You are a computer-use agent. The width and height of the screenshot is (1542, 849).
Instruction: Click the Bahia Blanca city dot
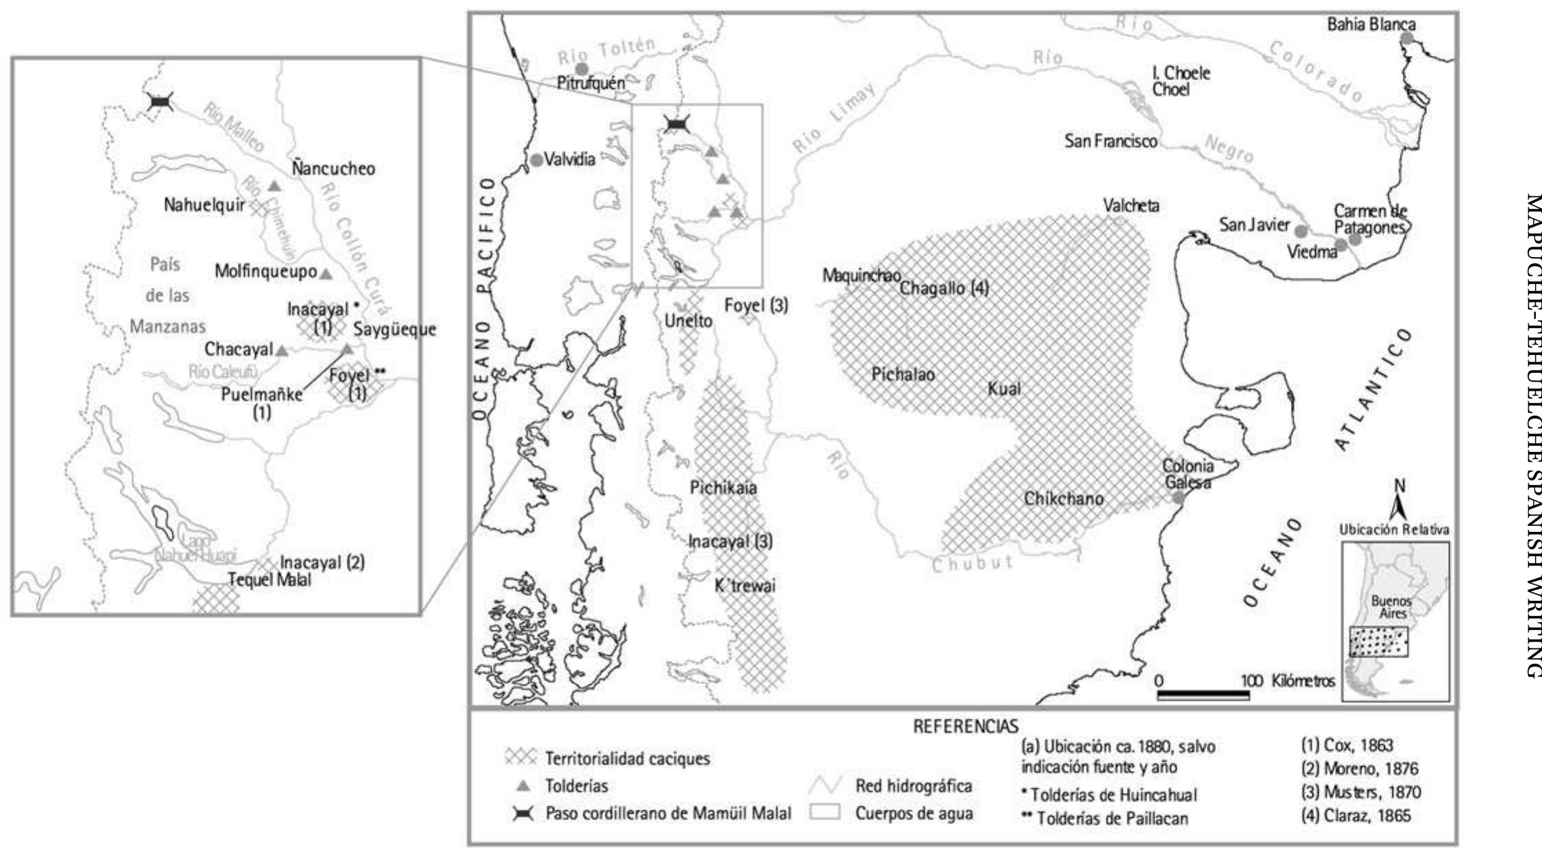point(1407,39)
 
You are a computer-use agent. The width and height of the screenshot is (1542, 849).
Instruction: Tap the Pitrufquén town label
point(591,83)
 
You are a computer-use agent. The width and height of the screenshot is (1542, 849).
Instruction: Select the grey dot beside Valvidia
point(537,161)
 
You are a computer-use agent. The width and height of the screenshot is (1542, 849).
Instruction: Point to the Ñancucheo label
point(333,169)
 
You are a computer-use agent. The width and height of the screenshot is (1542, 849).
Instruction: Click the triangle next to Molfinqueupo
point(326,274)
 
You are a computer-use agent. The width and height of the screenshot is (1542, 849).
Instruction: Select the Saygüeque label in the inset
point(394,329)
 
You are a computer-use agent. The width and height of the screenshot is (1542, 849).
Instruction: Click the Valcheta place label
point(1131,205)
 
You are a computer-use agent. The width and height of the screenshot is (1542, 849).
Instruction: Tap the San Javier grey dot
point(1301,231)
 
